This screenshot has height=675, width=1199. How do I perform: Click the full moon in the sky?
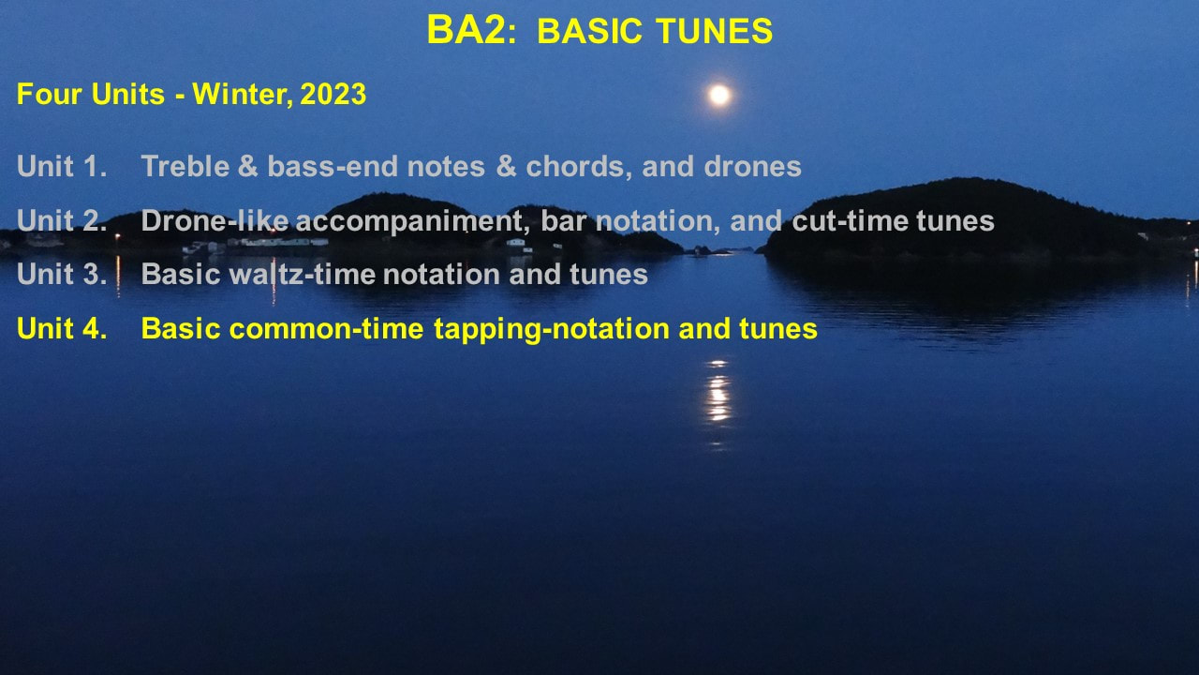pyautogui.click(x=718, y=95)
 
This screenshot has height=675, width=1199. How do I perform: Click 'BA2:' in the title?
pyautogui.click(x=471, y=30)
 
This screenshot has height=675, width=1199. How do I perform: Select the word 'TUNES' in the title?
pyautogui.click(x=715, y=31)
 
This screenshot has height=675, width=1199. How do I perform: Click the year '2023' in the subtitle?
pyautogui.click(x=333, y=95)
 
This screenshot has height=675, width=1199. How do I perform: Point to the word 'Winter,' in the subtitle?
pyautogui.click(x=243, y=95)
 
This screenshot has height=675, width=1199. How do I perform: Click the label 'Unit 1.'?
pyautogui.click(x=62, y=166)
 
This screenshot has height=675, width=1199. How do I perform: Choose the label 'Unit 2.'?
pyautogui.click(x=62, y=220)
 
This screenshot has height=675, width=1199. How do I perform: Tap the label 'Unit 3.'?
pyautogui.click(x=62, y=275)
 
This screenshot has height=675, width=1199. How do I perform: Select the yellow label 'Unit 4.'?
pyautogui.click(x=62, y=328)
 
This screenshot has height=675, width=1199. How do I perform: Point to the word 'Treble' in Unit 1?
pyautogui.click(x=185, y=166)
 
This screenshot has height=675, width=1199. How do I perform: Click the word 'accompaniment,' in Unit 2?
pyautogui.click(x=413, y=221)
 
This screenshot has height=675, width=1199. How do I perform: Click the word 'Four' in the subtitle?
pyautogui.click(x=50, y=95)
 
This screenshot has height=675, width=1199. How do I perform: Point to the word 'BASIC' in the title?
pyautogui.click(x=589, y=31)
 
